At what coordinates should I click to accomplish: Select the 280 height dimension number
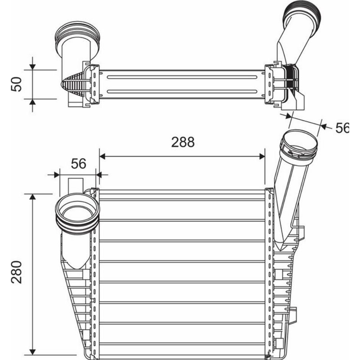point(17,271)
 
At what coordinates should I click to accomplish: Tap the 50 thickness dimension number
point(17,84)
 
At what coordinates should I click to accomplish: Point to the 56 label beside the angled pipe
point(343,128)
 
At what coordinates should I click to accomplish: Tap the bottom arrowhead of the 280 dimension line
point(32,351)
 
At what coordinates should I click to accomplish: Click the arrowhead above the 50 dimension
point(32,66)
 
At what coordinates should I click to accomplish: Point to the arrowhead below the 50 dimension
point(32,103)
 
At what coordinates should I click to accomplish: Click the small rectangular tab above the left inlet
point(76,184)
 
